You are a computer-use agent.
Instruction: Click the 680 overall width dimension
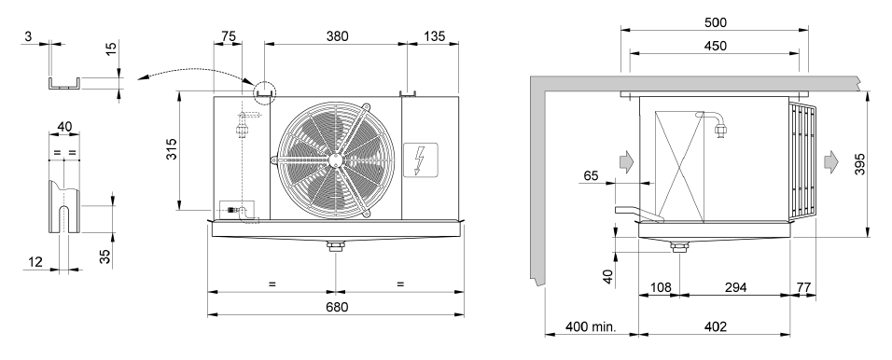coord(337,307)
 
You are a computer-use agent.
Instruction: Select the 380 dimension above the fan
coord(337,36)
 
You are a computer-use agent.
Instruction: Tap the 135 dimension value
coord(435,36)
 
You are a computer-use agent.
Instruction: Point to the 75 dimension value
coord(228,36)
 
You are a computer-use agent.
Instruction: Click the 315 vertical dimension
coord(172,149)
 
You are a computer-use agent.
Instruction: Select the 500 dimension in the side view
coord(715,22)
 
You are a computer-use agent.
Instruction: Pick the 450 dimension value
coord(715,46)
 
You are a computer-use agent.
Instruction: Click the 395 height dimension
coord(859,164)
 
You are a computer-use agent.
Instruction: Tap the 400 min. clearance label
coord(591,327)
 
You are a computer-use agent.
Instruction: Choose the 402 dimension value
coord(715,327)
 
